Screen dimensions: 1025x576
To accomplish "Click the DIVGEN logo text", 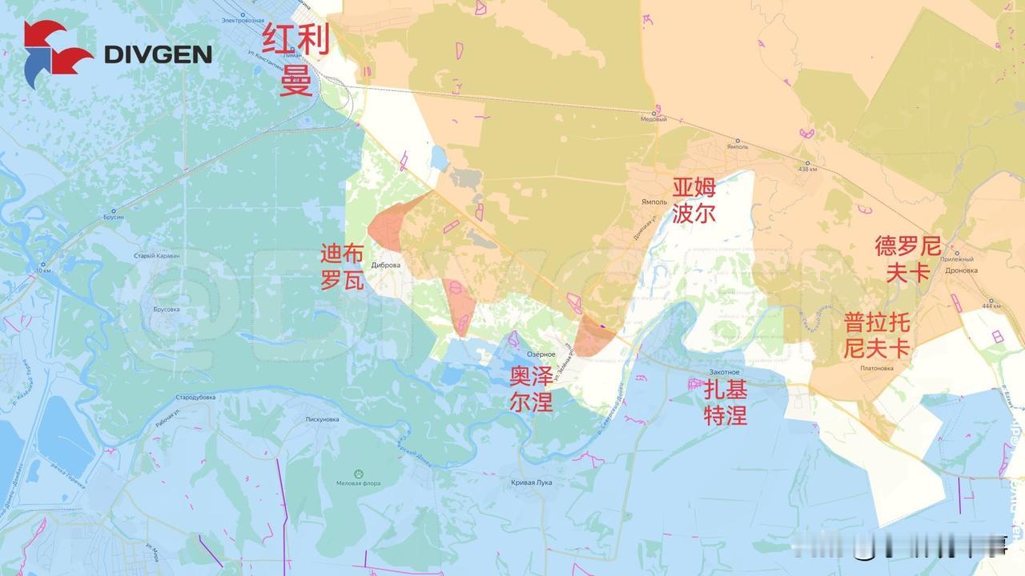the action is [159, 54].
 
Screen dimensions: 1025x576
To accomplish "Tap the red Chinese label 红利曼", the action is [295, 59].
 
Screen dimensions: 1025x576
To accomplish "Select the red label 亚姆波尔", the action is [693, 200].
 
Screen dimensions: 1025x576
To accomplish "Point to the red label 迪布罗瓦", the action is [342, 267].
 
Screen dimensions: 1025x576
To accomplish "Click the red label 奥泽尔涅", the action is [531, 389].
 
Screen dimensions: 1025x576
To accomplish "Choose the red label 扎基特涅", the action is [726, 402].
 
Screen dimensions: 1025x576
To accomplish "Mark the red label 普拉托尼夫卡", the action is [877, 335].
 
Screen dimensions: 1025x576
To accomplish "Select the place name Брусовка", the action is [166, 309].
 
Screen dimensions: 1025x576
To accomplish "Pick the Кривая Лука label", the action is [531, 482].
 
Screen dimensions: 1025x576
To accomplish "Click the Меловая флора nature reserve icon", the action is [358, 473].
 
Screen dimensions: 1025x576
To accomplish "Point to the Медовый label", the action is [653, 119].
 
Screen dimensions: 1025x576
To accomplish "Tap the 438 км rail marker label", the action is [807, 169].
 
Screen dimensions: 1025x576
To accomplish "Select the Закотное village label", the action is [723, 372].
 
